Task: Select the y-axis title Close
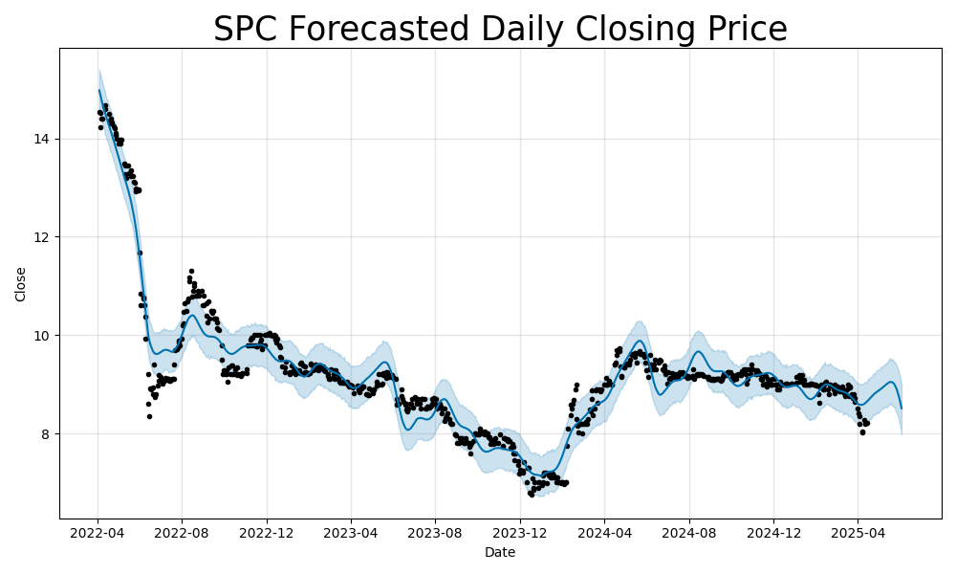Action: [21, 284]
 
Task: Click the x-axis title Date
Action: [500, 552]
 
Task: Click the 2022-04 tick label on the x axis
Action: [98, 532]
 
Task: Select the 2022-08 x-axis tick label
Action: [182, 532]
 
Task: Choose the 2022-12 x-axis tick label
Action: [267, 532]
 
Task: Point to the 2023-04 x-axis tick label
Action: [350, 532]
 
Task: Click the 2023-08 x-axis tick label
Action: [435, 532]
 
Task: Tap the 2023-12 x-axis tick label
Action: [520, 532]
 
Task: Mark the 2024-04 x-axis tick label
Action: [604, 532]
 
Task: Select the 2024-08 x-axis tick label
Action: [689, 532]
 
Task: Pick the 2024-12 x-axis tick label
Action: [773, 532]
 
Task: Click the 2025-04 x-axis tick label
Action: [858, 532]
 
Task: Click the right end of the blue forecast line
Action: [902, 408]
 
